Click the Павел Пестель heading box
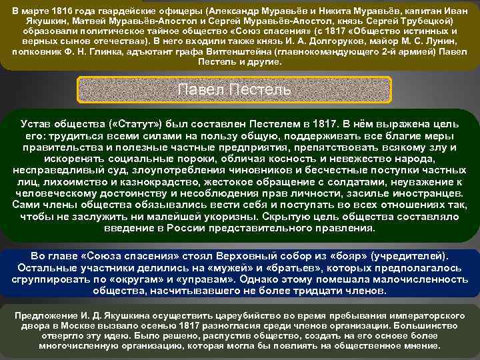click(x=240, y=89)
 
